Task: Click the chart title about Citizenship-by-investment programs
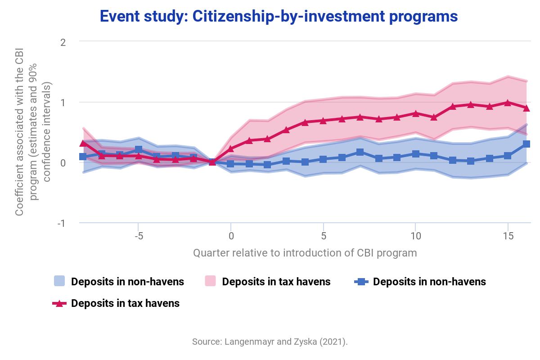279,16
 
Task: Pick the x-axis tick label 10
415,236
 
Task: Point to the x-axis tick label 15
508,236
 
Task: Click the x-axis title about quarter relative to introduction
305,253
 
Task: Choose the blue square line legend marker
361,282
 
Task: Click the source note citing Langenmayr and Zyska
270,342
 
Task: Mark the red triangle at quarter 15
508,103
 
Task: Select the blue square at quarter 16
526,144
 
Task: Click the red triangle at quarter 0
231,149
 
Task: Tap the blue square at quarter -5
139,149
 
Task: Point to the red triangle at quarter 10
415,113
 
